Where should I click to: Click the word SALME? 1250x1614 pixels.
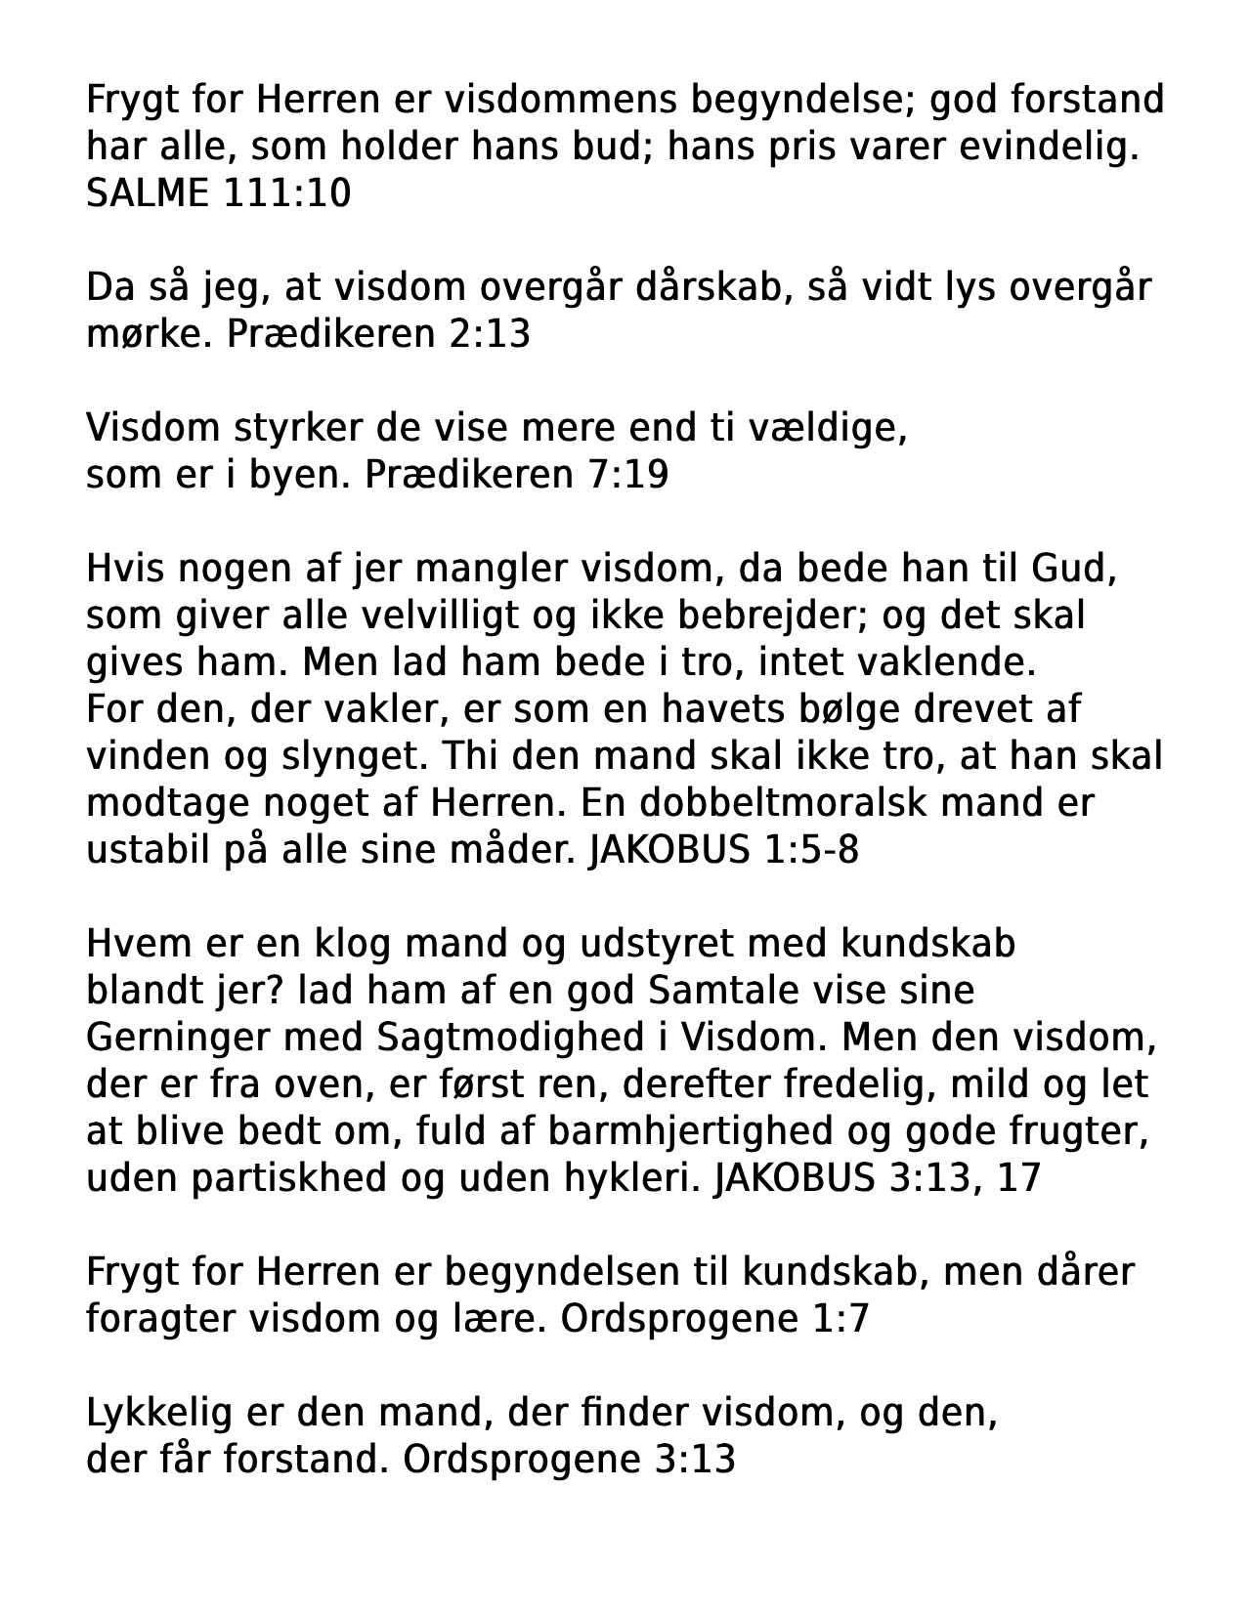(x=147, y=193)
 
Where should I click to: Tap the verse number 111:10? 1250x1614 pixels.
(x=287, y=193)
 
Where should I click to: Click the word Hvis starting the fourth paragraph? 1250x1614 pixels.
(x=122, y=569)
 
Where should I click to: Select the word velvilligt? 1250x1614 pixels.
(x=444, y=616)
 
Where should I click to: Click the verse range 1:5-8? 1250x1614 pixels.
(x=807, y=850)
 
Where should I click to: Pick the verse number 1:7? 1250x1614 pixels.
(x=840, y=1319)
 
